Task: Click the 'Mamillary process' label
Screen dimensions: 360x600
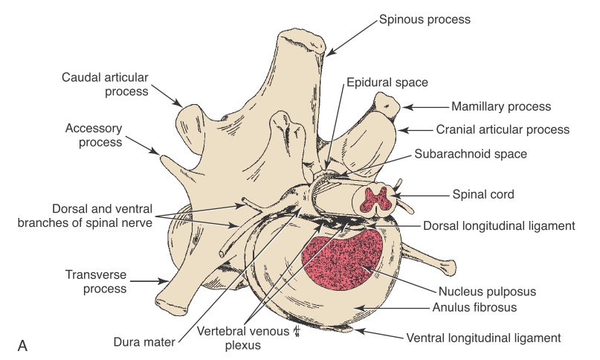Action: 501,106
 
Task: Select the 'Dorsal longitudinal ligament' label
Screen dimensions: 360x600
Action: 510,224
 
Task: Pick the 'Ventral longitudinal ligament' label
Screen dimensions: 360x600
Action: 483,338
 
